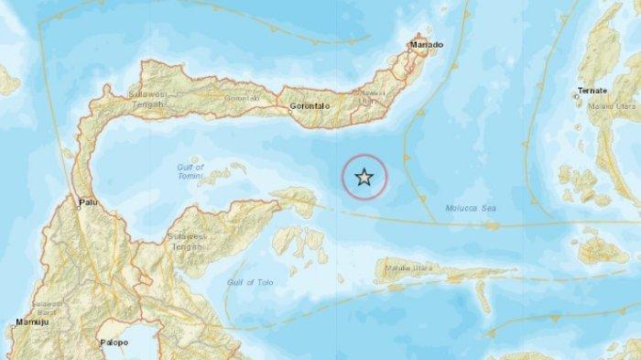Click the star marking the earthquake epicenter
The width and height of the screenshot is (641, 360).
coord(364,178)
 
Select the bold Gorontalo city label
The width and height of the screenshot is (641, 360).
coord(309,106)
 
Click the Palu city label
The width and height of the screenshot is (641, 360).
coord(89,205)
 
